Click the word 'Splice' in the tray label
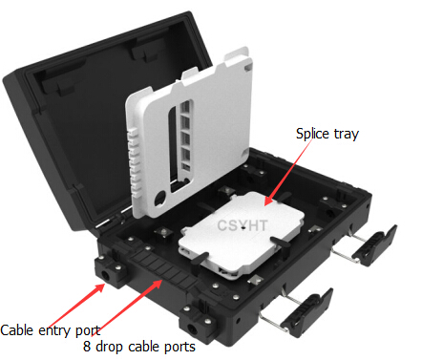pos(312,134)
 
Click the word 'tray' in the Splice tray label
pos(345,134)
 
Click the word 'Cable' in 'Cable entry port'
pos(20,329)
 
